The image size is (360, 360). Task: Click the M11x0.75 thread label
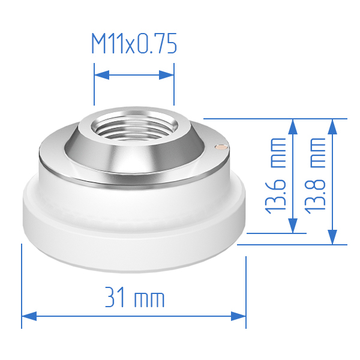134,44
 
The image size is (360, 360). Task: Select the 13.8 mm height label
314,174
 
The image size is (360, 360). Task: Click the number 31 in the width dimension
116,298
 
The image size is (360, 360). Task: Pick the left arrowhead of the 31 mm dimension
29,316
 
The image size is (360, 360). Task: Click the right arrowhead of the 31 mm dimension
238,316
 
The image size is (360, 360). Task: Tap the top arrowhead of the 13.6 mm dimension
293,125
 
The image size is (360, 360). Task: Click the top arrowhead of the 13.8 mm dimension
332,125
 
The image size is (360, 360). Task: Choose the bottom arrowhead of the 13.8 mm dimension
332,237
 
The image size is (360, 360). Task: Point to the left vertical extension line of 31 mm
22,282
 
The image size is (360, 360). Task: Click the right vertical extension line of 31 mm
246,288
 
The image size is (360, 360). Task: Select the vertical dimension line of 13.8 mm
332,180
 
